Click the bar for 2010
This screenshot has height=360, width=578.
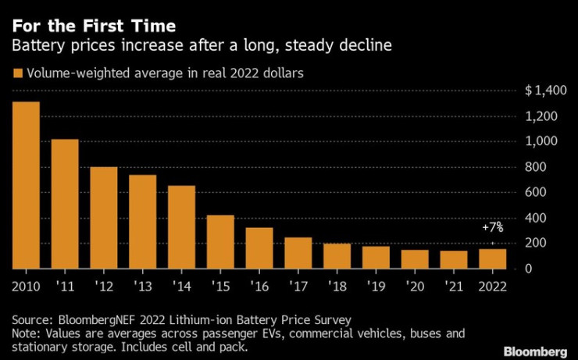point(26,185)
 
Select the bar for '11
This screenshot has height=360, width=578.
point(65,204)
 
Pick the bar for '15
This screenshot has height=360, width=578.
point(220,241)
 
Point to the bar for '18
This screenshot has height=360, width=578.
point(337,255)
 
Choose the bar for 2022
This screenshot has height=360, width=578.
point(492,258)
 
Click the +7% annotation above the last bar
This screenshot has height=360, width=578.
point(492,228)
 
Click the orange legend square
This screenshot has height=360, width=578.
point(17,74)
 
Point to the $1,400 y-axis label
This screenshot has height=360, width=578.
point(540,91)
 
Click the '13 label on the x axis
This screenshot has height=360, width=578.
point(142,287)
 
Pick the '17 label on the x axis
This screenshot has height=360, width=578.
point(298,287)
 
